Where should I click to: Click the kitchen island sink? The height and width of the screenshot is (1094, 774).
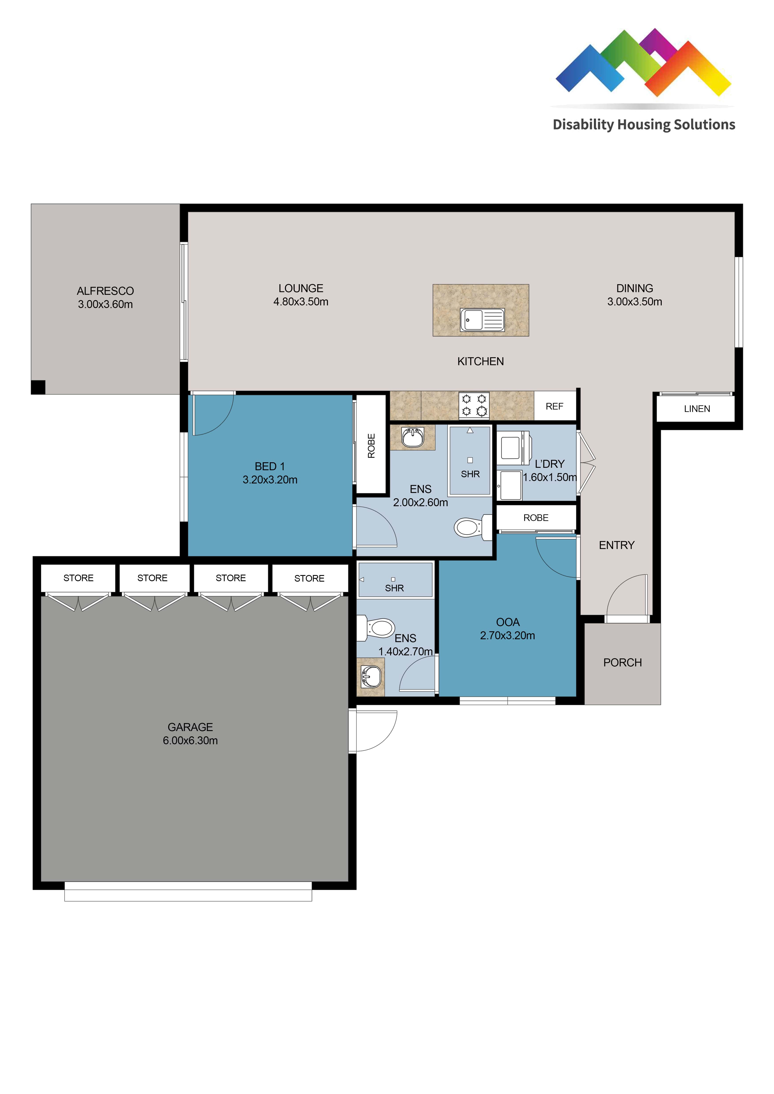click(482, 320)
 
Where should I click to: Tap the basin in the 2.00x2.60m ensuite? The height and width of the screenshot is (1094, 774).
click(413, 437)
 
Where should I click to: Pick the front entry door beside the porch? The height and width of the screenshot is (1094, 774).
click(628, 596)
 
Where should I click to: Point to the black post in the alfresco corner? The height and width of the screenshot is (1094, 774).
click(38, 387)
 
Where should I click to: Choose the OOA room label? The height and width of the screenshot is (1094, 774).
click(508, 622)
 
